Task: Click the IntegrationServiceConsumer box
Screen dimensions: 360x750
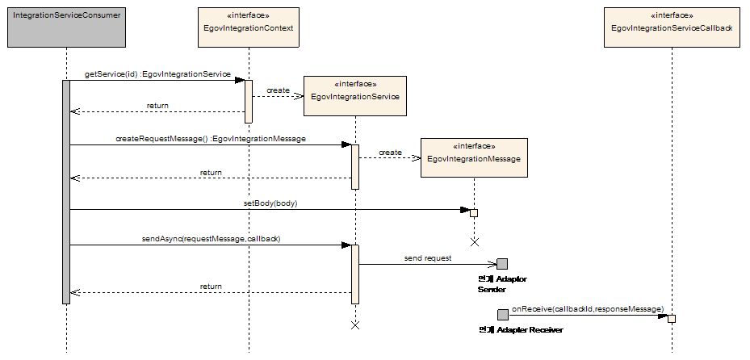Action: pyautogui.click(x=66, y=27)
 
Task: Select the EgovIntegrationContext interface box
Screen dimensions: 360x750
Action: pyautogui.click(x=249, y=27)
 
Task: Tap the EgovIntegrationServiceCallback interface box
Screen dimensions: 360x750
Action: pyautogui.click(x=672, y=27)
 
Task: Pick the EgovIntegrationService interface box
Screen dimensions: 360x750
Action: pyautogui.click(x=354, y=95)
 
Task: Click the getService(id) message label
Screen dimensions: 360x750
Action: pyautogui.click(x=157, y=73)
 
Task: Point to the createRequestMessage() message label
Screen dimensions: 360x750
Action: pyautogui.click(x=211, y=139)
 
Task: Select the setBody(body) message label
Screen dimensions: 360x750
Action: pyautogui.click(x=270, y=203)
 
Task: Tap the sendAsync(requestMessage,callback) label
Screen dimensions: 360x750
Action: pyautogui.click(x=211, y=239)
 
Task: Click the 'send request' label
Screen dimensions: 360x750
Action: pyautogui.click(x=428, y=258)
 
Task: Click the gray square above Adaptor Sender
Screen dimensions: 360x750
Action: pyautogui.click(x=502, y=264)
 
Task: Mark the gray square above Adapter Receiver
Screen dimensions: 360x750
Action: pyautogui.click(x=502, y=315)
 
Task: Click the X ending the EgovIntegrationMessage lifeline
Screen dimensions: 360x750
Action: pyautogui.click(x=475, y=241)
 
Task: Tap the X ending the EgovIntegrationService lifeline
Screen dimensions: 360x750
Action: pyautogui.click(x=354, y=324)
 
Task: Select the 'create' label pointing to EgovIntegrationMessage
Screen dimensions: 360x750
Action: pyautogui.click(x=390, y=152)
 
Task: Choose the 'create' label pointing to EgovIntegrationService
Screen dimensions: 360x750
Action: pyautogui.click(x=278, y=90)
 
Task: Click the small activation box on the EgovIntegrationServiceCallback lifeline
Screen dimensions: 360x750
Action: pyautogui.click(x=672, y=318)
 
